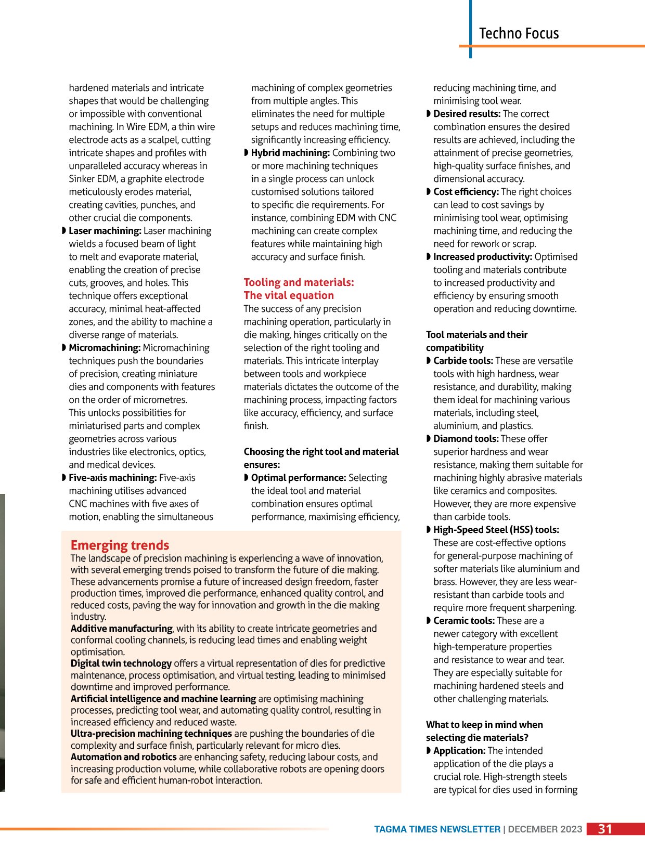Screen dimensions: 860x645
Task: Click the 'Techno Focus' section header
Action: [519, 33]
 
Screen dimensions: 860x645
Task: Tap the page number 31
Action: [605, 829]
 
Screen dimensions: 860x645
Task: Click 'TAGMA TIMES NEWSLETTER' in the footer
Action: [437, 829]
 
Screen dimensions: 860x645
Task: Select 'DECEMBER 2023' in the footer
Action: [545, 829]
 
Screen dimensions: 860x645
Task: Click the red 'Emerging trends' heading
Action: [120, 545]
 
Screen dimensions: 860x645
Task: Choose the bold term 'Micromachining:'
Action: [105, 348]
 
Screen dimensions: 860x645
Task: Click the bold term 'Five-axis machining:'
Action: [112, 478]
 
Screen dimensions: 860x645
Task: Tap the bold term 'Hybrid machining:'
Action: [290, 153]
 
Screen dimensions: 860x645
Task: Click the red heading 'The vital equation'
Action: [289, 295]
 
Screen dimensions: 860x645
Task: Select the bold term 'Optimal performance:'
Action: [299, 478]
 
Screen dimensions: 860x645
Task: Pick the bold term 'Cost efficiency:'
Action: [466, 192]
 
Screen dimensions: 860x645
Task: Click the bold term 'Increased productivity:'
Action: [482, 257]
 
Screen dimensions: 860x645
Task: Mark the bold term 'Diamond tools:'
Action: [466, 439]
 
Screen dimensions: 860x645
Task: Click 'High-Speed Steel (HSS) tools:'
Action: [496, 530]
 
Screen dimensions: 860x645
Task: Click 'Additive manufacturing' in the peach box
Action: [121, 628]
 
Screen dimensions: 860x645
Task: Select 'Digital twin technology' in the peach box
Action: [121, 663]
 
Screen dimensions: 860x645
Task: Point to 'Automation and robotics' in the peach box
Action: [124, 757]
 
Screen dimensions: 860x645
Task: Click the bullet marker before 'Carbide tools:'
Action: [429, 361]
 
